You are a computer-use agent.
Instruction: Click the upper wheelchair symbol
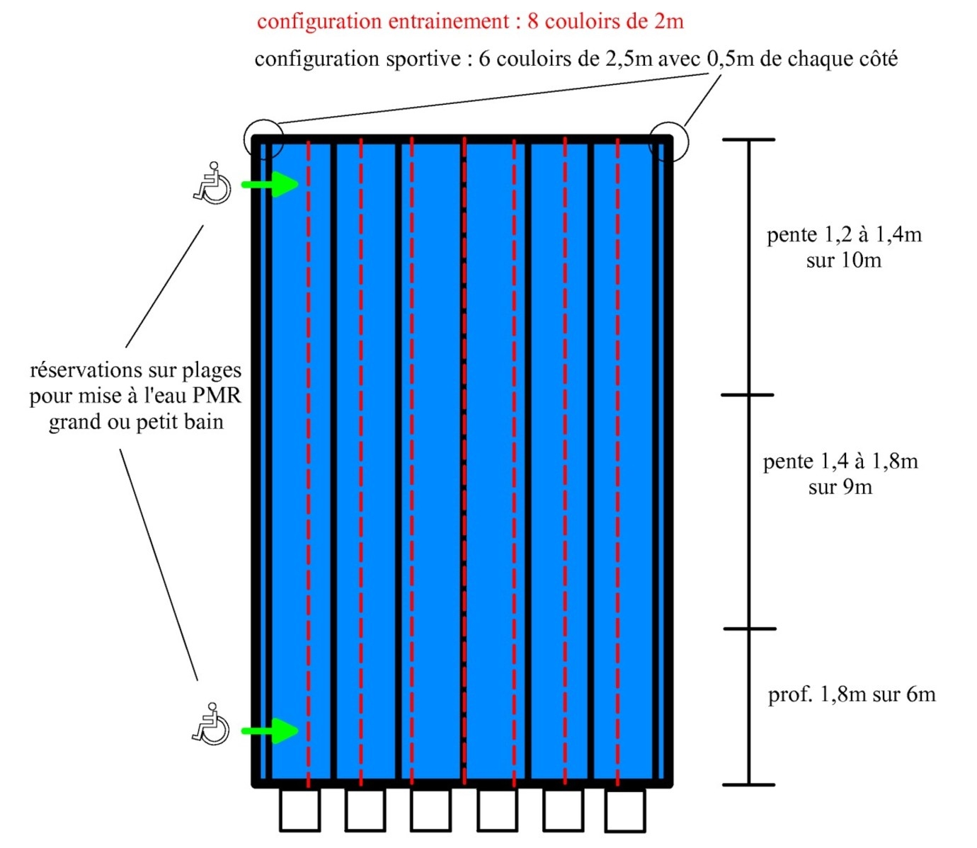coord(212,184)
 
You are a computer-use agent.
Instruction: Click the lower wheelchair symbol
coord(211,724)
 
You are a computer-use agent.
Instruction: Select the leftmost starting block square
coord(299,810)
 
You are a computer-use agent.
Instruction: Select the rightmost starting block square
coord(625,811)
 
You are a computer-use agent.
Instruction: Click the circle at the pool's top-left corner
coord(264,139)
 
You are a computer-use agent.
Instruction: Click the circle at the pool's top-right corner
coord(668,142)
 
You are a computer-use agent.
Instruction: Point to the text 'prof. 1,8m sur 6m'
coord(852,694)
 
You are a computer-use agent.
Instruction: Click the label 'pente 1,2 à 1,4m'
coord(844,234)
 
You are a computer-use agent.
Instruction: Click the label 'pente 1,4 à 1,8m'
coord(840,462)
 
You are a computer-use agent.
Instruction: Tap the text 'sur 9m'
coord(840,487)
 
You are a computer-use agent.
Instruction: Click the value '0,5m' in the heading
coord(731,59)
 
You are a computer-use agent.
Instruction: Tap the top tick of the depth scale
coord(749,140)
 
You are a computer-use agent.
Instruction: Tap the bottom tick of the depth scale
coord(749,784)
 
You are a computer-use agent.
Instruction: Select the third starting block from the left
coord(430,810)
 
